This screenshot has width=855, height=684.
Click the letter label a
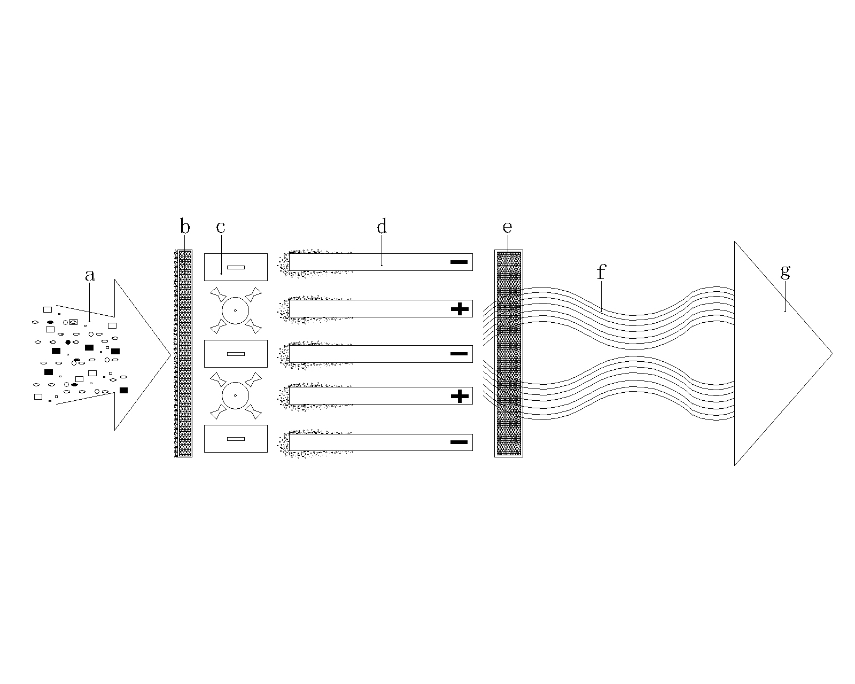(90, 275)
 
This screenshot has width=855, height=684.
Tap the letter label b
(185, 226)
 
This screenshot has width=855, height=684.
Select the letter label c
(221, 227)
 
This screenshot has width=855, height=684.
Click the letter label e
(507, 227)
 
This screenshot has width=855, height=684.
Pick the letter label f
(602, 272)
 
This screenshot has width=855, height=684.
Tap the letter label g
(785, 273)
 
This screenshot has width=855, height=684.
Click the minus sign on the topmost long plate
(459, 262)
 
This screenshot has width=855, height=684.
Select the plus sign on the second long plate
(460, 309)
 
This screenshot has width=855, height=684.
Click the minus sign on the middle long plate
(459, 354)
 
